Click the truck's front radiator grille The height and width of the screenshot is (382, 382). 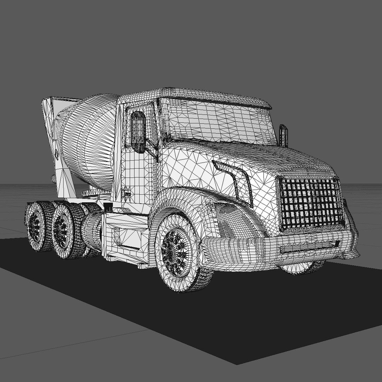point(311,203)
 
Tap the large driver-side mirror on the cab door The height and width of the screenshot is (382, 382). point(138,128)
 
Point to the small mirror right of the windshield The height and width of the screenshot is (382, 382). point(283,135)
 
